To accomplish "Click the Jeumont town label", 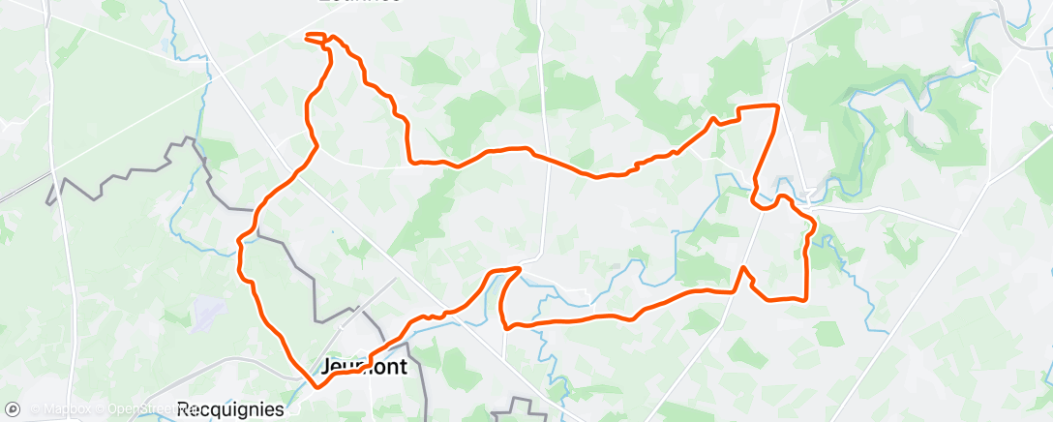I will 364,368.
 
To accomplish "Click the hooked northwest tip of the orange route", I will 308,37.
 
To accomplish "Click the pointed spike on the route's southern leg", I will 742,267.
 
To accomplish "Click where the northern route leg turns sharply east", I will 410,161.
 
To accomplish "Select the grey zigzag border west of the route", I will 126,174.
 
